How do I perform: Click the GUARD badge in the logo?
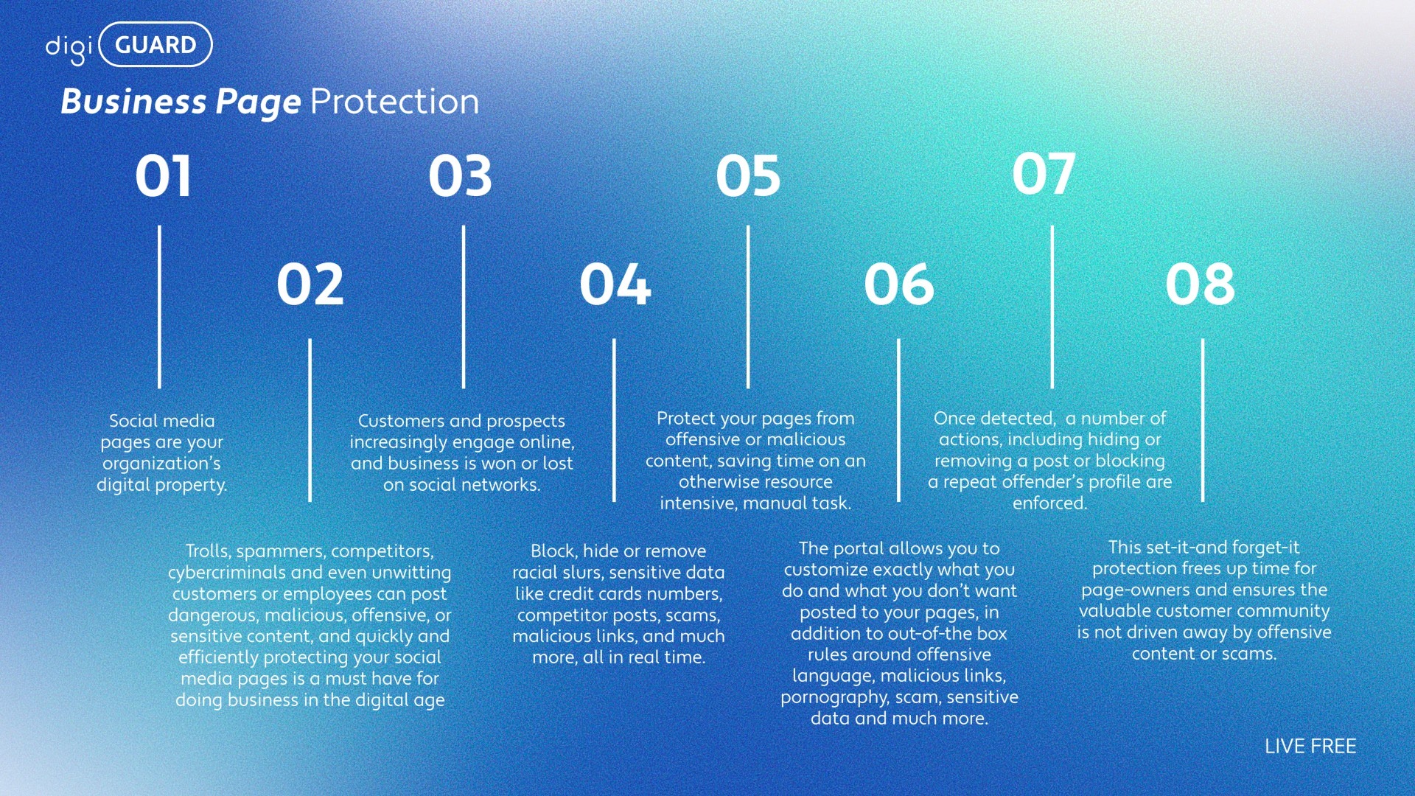[156, 45]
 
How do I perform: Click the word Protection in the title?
[395, 102]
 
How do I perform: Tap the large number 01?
[164, 176]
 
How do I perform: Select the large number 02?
[310, 284]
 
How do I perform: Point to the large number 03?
[461, 176]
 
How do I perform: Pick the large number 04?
[615, 284]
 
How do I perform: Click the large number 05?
[748, 176]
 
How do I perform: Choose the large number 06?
[899, 284]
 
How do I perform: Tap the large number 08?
[1201, 284]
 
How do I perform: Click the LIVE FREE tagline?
[1310, 746]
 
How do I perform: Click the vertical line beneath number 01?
[159, 307]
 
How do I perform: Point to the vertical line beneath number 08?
[1203, 420]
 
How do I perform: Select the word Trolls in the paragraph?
[207, 551]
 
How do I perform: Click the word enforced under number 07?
[1049, 503]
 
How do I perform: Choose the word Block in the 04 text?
[553, 551]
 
